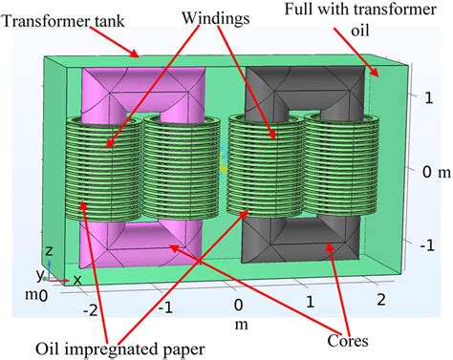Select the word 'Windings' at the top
(x=219, y=17)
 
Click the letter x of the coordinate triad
(x=76, y=279)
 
